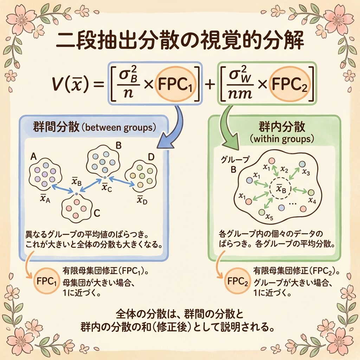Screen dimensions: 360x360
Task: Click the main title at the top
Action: (x=180, y=41)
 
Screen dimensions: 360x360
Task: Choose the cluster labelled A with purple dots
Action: (x=45, y=175)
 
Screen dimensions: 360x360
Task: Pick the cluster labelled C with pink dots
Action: (x=77, y=208)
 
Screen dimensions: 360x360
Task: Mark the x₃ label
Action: (x=306, y=173)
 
